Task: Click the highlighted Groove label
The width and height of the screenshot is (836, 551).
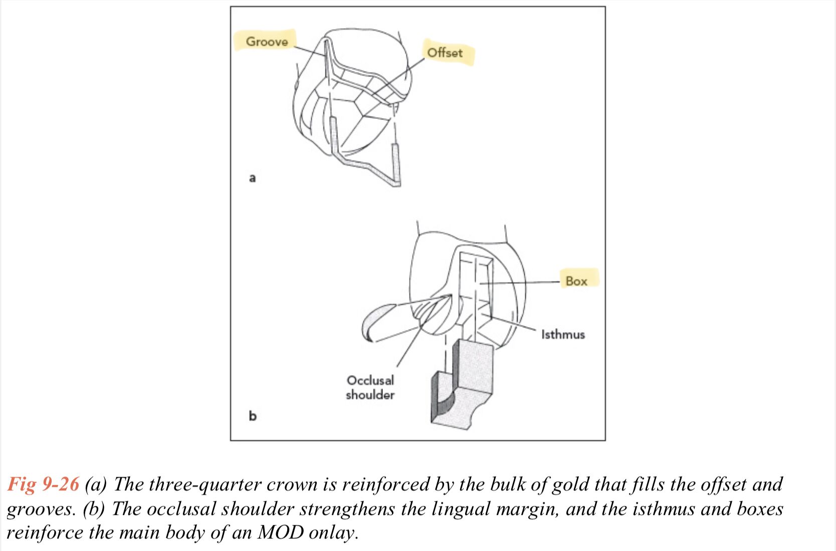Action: click(267, 41)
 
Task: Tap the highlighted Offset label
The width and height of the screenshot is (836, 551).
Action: click(445, 53)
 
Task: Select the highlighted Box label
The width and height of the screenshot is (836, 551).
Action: click(576, 281)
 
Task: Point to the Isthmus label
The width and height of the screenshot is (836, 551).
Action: click(563, 334)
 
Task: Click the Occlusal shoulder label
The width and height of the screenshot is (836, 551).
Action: click(370, 387)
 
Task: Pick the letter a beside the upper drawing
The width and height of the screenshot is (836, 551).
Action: click(253, 178)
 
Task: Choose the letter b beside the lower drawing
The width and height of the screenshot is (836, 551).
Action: click(253, 416)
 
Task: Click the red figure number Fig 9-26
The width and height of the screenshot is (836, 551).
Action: click(43, 484)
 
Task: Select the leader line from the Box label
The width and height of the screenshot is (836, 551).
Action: click(521, 283)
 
